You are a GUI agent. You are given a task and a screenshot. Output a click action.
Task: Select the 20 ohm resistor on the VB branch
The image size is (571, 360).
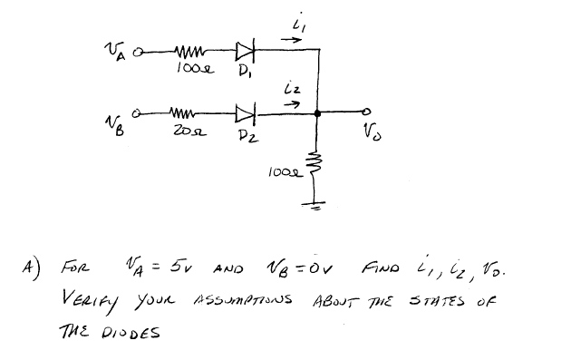pyautogui.click(x=185, y=114)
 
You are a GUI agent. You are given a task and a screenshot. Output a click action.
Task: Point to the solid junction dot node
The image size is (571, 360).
pyautogui.click(x=317, y=114)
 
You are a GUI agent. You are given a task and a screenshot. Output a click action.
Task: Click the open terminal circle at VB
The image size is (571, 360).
pyautogui.click(x=137, y=114)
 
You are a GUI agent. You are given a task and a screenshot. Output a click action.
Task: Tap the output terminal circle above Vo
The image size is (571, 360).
pyautogui.click(x=365, y=114)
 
